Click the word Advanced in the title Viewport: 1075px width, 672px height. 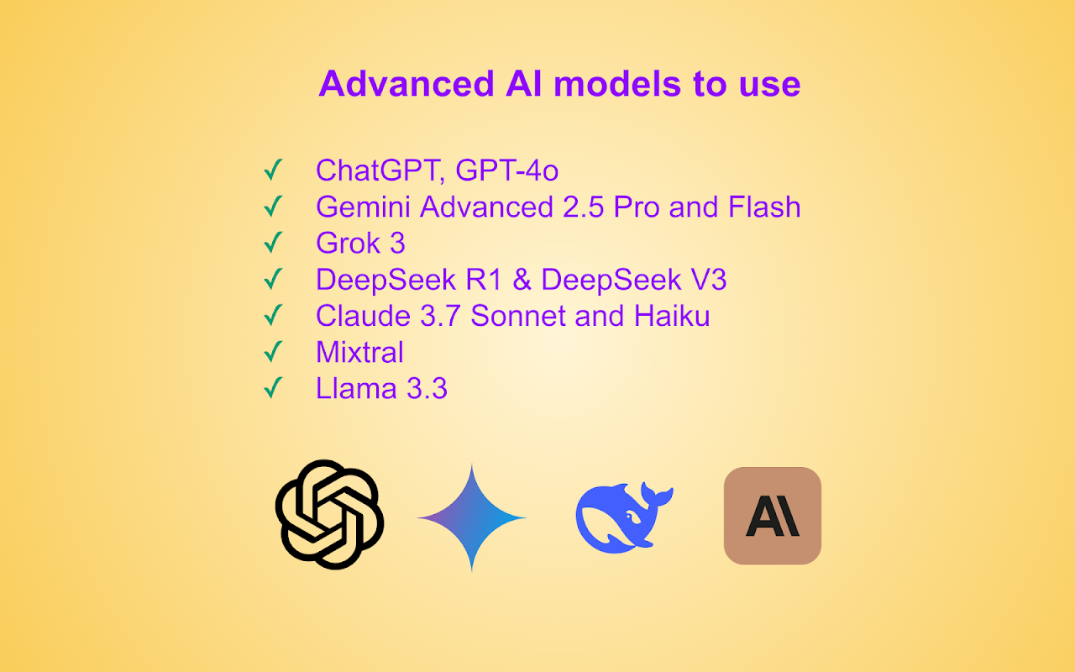(x=406, y=83)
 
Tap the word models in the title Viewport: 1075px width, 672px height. (x=617, y=83)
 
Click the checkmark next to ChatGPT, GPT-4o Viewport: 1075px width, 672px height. (x=273, y=170)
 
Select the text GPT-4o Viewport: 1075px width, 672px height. (x=506, y=170)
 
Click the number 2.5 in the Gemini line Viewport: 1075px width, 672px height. (x=583, y=207)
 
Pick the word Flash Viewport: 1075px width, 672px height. (x=764, y=207)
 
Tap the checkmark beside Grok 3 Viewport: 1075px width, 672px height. (x=273, y=243)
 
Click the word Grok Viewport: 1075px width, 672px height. (x=348, y=243)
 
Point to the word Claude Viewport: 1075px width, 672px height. (x=364, y=316)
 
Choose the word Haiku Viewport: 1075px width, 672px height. (x=672, y=316)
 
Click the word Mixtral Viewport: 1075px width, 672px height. (x=360, y=352)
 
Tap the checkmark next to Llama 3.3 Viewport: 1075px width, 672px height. (x=273, y=388)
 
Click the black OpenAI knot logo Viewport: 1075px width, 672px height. (x=329, y=515)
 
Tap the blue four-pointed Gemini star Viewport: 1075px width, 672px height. (x=472, y=518)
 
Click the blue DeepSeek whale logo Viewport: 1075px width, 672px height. (x=624, y=517)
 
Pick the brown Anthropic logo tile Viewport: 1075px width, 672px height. (x=773, y=516)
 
